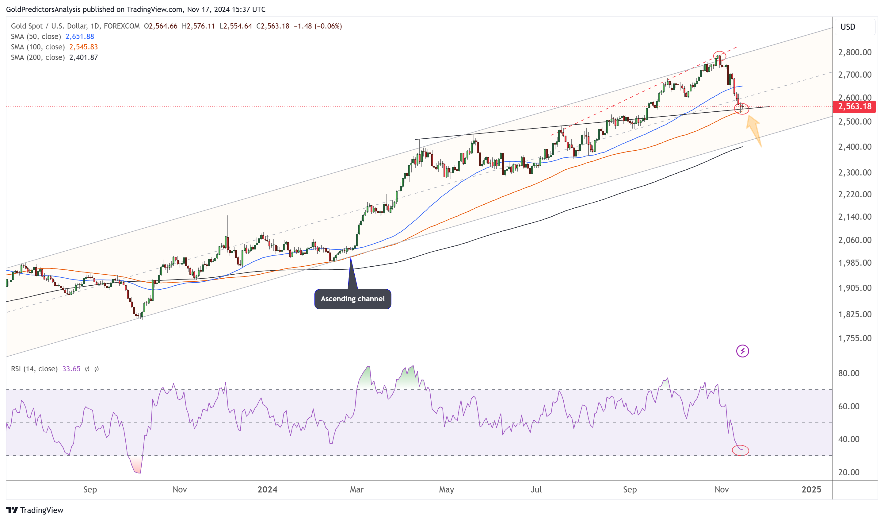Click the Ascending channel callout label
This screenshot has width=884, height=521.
(x=352, y=299)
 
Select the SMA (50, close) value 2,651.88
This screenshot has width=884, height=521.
(x=80, y=37)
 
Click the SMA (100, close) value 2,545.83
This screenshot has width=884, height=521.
(x=83, y=47)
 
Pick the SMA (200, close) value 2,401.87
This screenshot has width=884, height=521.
(x=83, y=58)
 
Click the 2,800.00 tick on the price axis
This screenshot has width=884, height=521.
(x=855, y=52)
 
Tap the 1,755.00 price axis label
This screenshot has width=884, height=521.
(x=855, y=338)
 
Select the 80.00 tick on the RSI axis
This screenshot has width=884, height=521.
(x=848, y=373)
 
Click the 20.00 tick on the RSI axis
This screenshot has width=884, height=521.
(x=848, y=472)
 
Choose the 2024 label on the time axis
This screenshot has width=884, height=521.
(x=267, y=489)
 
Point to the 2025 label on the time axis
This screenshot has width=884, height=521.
(x=811, y=489)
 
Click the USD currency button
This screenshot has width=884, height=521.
(x=848, y=27)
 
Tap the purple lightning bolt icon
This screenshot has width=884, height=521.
(x=742, y=351)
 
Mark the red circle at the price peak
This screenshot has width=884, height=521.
(x=719, y=56)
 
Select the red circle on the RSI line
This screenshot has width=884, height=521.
(x=740, y=450)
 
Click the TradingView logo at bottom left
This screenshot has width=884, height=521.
(x=35, y=510)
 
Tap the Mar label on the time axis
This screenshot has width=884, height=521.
(x=357, y=489)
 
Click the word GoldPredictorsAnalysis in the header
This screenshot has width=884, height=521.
(x=43, y=10)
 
